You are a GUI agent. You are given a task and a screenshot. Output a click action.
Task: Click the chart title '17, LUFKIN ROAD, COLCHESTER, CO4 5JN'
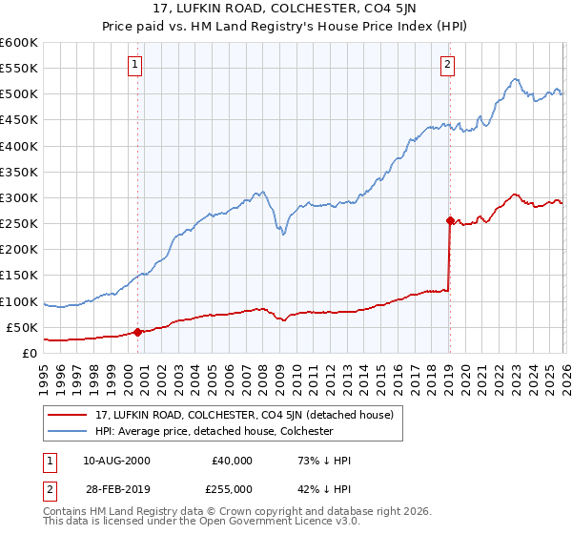click(x=286, y=10)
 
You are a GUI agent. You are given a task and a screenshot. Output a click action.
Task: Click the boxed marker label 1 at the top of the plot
click(x=134, y=65)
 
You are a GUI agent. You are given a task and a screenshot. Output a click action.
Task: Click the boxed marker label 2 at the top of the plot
click(x=447, y=65)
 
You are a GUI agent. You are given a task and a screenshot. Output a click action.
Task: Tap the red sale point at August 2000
click(x=137, y=332)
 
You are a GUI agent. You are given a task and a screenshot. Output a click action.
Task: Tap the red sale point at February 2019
click(x=449, y=220)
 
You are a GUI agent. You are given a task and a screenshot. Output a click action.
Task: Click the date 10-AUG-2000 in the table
click(x=116, y=461)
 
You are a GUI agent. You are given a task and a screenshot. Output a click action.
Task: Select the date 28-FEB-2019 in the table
click(x=116, y=488)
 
